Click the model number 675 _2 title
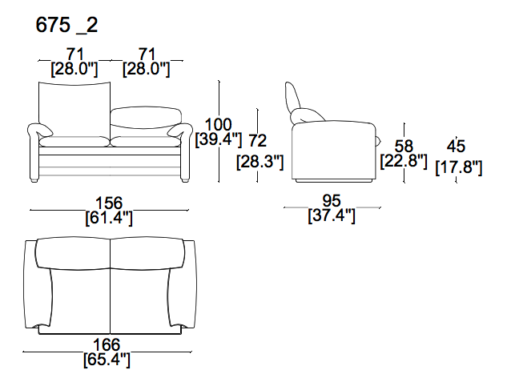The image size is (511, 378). point(66,25)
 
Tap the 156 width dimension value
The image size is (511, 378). point(109,203)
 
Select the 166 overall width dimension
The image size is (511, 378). point(107,344)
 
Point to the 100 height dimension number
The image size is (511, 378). point(219,124)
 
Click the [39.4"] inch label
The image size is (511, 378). point(219,139)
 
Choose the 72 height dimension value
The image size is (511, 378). point(257,140)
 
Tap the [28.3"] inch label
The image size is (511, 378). point(260,162)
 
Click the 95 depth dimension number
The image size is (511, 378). point(332,200)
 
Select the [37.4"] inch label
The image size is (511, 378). point(332,215)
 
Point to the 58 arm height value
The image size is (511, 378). point(404,146)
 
